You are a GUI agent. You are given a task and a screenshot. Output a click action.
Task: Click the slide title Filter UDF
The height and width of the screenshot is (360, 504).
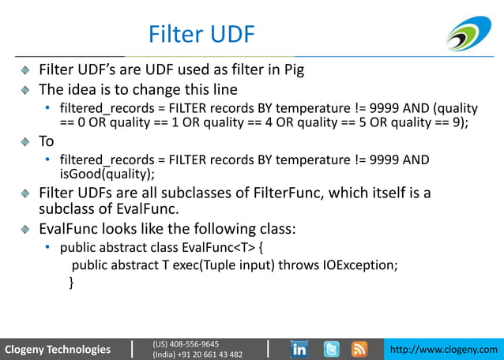(x=201, y=35)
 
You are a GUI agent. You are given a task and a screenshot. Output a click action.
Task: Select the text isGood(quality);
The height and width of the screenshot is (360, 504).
(x=107, y=174)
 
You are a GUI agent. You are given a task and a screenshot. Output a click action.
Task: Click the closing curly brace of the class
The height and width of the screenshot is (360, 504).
(x=72, y=281)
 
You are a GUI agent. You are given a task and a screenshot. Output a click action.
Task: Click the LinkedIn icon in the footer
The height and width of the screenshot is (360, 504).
(x=300, y=348)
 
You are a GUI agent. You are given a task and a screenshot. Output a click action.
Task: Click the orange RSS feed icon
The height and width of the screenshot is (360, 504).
(x=359, y=348)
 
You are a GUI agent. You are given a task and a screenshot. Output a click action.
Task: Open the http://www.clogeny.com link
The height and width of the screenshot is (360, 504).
(x=446, y=349)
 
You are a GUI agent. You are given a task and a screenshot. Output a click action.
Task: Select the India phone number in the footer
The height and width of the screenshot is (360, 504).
(x=197, y=354)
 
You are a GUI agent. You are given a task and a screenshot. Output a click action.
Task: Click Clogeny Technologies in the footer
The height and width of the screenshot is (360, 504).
(x=58, y=349)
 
